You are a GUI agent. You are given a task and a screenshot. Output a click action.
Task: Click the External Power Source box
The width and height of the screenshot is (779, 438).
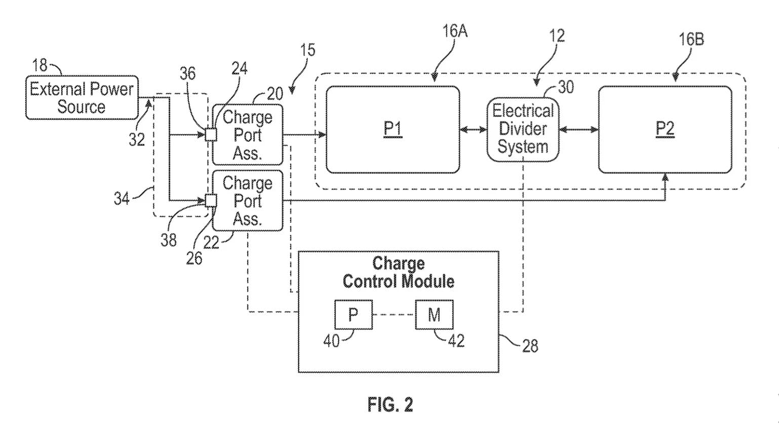tap(82, 98)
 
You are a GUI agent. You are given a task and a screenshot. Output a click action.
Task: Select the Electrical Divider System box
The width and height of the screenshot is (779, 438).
tap(523, 129)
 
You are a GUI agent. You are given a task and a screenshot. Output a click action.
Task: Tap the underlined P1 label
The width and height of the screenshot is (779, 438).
tap(393, 129)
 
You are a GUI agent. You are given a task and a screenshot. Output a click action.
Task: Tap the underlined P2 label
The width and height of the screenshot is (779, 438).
tap(665, 129)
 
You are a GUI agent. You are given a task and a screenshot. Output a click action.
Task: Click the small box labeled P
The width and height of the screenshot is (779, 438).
tap(353, 315)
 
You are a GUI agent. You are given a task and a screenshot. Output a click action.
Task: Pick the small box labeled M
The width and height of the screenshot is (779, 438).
tap(434, 315)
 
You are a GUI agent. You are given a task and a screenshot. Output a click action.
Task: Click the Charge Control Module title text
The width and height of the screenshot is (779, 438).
tap(398, 272)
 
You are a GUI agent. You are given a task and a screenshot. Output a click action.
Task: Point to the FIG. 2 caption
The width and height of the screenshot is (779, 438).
tap(390, 405)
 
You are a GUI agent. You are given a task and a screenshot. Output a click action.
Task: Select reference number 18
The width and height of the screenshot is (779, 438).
tap(40, 65)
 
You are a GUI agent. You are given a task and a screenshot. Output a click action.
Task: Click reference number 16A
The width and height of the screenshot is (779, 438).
tap(454, 31)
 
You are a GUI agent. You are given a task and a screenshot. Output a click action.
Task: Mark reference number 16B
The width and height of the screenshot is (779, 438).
tap(691, 39)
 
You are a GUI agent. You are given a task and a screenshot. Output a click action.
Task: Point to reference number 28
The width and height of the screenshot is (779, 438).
tap(530, 346)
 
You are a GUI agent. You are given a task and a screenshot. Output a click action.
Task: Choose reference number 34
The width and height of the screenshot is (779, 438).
tap(122, 198)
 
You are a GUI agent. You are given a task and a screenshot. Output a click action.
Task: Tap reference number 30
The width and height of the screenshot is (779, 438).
tap(566, 87)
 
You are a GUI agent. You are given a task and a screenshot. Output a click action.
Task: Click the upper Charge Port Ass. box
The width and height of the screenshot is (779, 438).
tap(247, 135)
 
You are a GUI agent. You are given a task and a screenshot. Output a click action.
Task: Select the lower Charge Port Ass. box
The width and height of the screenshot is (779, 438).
tap(247, 201)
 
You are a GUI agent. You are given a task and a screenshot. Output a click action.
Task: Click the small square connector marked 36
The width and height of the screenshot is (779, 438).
tap(211, 135)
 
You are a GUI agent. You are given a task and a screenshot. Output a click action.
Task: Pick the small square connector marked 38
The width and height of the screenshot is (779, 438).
tap(211, 201)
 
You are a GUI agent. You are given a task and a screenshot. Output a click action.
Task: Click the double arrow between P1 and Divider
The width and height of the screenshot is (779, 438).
tap(473, 130)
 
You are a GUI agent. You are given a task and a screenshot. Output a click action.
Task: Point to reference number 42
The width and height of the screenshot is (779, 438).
tap(456, 341)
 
